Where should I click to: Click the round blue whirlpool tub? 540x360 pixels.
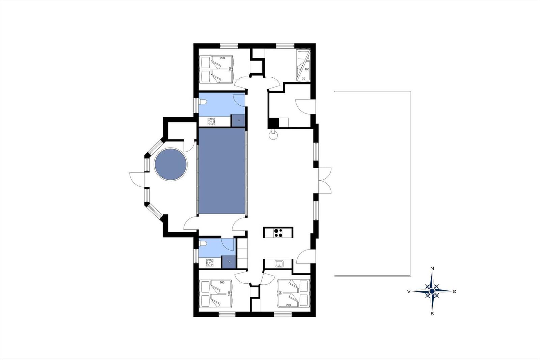pos(171,164)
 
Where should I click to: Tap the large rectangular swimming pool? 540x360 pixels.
pos(222,171)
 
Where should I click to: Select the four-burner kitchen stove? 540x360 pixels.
pos(278,233)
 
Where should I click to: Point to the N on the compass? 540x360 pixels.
pos(432,268)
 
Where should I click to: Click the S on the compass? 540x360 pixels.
pos(432,314)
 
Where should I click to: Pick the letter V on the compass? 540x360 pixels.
pos(409,291)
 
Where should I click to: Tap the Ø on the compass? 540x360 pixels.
pos(454,291)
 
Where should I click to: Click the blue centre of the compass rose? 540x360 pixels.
pos(432,291)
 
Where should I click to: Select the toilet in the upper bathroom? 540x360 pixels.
pos(202,102)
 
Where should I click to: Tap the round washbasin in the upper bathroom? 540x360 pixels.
pos(211,122)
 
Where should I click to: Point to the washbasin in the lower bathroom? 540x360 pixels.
pos(210,262)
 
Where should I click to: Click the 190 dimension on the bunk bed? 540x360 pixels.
pos(307,69)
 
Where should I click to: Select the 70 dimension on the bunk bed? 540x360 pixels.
pos(303,79)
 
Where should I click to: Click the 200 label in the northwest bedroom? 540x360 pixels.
pos(222,58)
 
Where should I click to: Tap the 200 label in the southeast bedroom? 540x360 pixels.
pos(289,305)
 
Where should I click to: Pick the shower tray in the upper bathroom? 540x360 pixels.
pos(238,121)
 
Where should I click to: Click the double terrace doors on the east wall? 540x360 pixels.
pos(324,180)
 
